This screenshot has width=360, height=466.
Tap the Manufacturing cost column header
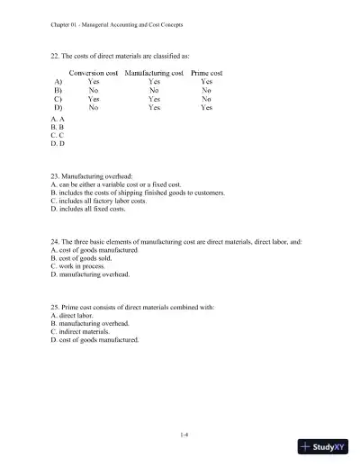(x=155, y=72)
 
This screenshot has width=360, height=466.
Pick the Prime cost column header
(x=206, y=72)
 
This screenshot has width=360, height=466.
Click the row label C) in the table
(x=58, y=99)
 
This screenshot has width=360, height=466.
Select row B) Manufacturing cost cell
(x=155, y=90)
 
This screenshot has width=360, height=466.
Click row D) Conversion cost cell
(x=94, y=108)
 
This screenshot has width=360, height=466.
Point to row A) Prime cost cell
(x=206, y=81)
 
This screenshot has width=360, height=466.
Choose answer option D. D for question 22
(x=58, y=144)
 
